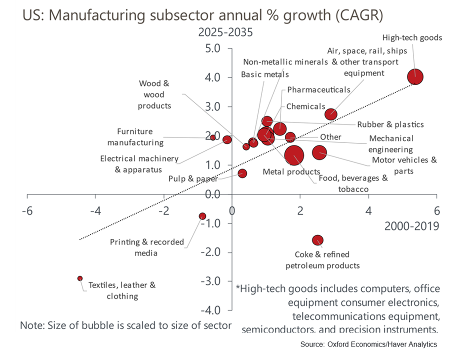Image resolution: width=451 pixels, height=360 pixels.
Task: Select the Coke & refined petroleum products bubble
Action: coord(317,240)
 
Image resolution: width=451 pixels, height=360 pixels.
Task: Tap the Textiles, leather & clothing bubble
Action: coord(80,278)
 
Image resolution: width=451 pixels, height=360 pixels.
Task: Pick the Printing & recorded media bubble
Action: coord(202,216)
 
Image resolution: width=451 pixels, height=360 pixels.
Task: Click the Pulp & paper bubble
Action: coord(242,173)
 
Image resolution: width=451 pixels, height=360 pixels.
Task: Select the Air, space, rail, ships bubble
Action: coord(330,114)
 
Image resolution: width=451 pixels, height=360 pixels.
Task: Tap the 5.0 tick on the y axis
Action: coord(217,49)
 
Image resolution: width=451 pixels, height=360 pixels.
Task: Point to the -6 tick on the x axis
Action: coord(27,210)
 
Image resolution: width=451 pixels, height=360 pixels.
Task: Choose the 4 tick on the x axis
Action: coord(369,210)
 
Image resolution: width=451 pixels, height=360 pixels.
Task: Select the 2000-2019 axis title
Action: coord(411,226)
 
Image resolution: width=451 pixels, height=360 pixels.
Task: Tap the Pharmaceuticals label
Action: coord(318,89)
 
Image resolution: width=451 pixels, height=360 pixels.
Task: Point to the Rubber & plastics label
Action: coord(390,124)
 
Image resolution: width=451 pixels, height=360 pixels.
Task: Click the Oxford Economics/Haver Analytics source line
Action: coord(368,344)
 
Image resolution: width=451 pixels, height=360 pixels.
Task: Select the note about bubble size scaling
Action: coord(125,325)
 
